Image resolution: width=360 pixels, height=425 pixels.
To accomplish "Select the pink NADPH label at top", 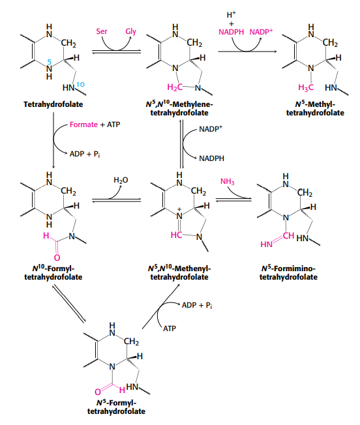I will (x=230, y=31).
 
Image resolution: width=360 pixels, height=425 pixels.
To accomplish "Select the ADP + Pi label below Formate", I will (x=85, y=153).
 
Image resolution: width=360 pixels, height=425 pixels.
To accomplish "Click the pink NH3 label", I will (x=230, y=181).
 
